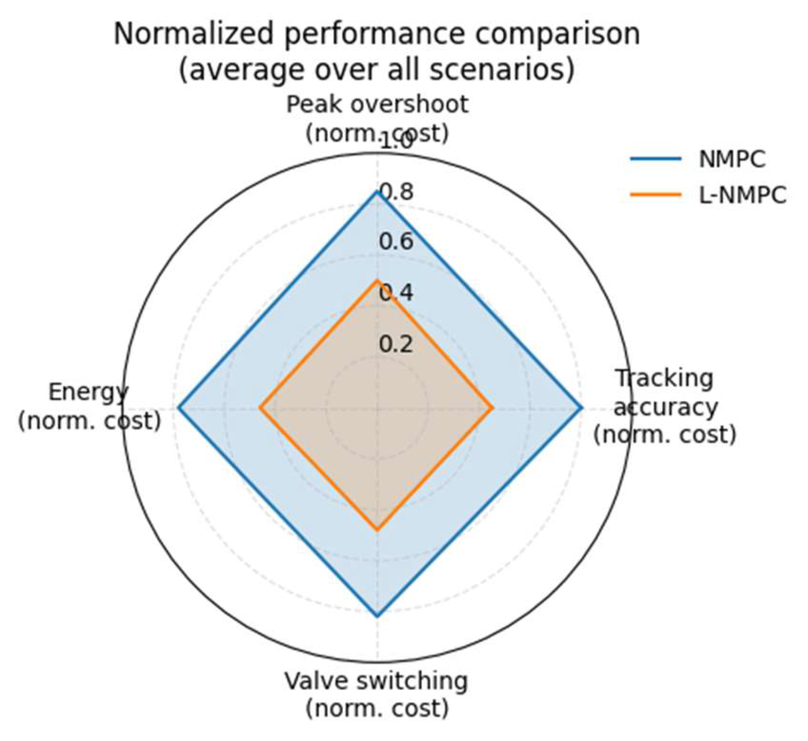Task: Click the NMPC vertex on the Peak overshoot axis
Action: point(377,191)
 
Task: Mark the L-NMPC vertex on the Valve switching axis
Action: point(377,530)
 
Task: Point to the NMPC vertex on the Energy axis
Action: point(178,408)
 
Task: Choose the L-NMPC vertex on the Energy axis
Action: point(260,408)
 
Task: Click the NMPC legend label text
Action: point(732,160)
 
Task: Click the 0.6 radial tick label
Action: point(396,242)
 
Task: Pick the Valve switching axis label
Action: point(376,681)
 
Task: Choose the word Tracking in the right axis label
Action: point(664,378)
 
